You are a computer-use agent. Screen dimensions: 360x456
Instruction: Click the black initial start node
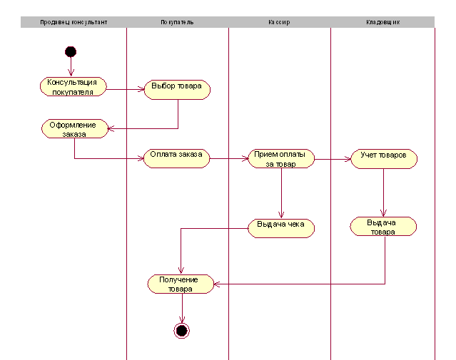coord(70,51)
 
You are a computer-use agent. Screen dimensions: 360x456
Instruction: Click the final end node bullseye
coord(181,330)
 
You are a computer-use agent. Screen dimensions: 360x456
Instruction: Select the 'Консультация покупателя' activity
coord(73,87)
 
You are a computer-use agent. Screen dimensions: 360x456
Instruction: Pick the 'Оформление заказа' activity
coord(74,129)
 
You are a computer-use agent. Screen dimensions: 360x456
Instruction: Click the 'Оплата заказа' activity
coord(176,158)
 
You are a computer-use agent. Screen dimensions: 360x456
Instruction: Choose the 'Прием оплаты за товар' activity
coord(281,158)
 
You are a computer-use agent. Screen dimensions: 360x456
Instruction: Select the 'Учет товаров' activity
coord(384,158)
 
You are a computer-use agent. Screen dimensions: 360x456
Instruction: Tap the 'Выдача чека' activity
coord(280,227)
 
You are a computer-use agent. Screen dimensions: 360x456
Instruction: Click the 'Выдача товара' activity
coord(383,227)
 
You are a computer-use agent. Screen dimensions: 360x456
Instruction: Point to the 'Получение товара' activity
coord(181,284)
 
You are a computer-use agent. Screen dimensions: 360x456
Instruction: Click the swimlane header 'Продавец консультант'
coord(74,22)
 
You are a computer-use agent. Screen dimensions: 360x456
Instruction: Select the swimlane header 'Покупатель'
coord(177,22)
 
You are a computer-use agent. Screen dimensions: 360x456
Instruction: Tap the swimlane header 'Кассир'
coord(279,22)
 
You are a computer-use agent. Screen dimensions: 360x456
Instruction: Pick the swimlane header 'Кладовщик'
coord(382,22)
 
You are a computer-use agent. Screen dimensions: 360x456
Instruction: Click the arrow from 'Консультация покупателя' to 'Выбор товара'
coord(125,89)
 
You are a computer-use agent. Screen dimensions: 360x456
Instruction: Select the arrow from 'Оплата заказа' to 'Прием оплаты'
coord(228,158)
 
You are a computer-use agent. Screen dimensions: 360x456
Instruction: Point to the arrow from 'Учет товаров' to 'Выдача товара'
coord(384,192)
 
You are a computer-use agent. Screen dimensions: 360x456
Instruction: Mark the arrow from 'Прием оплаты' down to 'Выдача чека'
coord(281,192)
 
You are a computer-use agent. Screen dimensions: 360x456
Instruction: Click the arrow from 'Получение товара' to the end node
coord(181,308)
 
